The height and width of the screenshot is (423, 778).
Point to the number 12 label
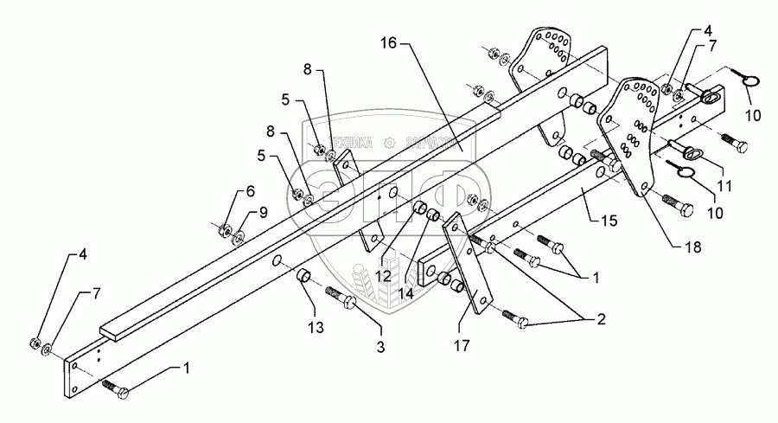383,276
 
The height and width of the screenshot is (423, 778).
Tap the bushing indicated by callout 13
304,276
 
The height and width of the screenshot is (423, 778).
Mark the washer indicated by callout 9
239,234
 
